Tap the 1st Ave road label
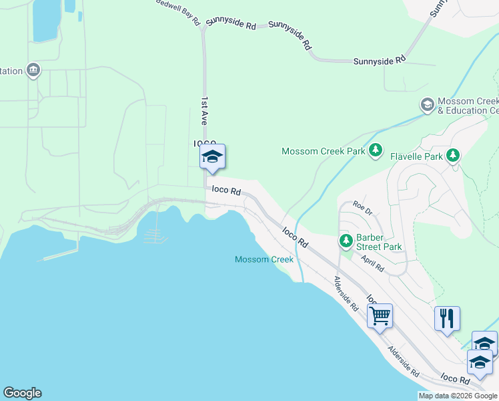coord(204,110)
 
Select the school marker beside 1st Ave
coord(212,158)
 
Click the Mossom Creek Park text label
coord(323,151)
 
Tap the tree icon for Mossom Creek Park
coord(376,150)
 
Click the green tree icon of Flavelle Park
coord(453,156)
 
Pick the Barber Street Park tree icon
coord(346,241)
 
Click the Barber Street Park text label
coord(379,241)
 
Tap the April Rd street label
coord(373,263)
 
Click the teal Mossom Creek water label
coord(264,259)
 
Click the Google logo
coord(22,393)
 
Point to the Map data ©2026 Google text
coord(458,396)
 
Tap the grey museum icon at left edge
coord(33,70)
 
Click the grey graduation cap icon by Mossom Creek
coord(427,105)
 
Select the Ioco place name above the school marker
coord(205,143)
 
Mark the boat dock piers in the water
coord(153,235)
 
